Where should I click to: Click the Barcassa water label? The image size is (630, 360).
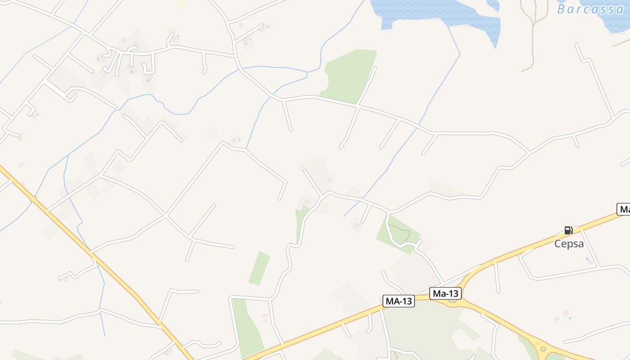click(590, 9)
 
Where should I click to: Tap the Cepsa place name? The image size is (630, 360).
click(569, 244)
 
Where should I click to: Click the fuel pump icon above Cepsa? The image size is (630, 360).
click(568, 230)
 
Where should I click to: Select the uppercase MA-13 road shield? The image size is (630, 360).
click(398, 301)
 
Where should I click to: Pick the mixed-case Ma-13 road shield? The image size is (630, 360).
click(445, 294)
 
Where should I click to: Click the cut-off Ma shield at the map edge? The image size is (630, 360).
click(624, 209)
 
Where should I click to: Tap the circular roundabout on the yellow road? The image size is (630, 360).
click(543, 348)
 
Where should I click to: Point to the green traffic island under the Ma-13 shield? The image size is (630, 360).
click(452, 300)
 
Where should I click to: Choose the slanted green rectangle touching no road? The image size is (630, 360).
click(259, 268)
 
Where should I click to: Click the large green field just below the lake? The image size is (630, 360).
click(349, 74)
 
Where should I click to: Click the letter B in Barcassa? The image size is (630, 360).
click(562, 9)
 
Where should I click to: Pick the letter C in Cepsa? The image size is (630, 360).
click(558, 244)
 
